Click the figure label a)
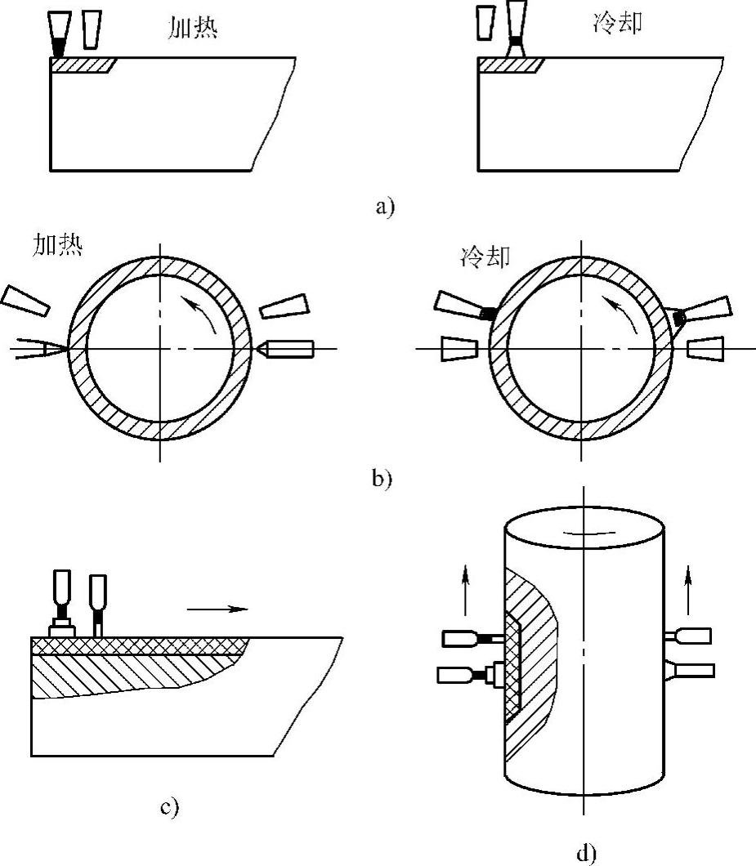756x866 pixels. click(385, 207)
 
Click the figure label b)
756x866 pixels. click(382, 478)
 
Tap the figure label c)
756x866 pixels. click(170, 807)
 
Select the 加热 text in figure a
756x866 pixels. click(192, 28)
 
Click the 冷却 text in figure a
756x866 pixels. click(617, 24)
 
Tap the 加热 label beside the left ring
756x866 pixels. click(57, 244)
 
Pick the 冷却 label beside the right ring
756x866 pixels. click(485, 257)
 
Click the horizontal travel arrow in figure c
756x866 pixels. click(217, 609)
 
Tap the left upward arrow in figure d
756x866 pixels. click(465, 590)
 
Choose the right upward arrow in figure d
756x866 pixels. click(688, 590)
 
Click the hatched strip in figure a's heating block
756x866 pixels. click(82, 65)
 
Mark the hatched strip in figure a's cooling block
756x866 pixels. click(511, 65)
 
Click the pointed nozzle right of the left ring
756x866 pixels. click(285, 349)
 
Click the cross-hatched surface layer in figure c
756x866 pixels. click(138, 645)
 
